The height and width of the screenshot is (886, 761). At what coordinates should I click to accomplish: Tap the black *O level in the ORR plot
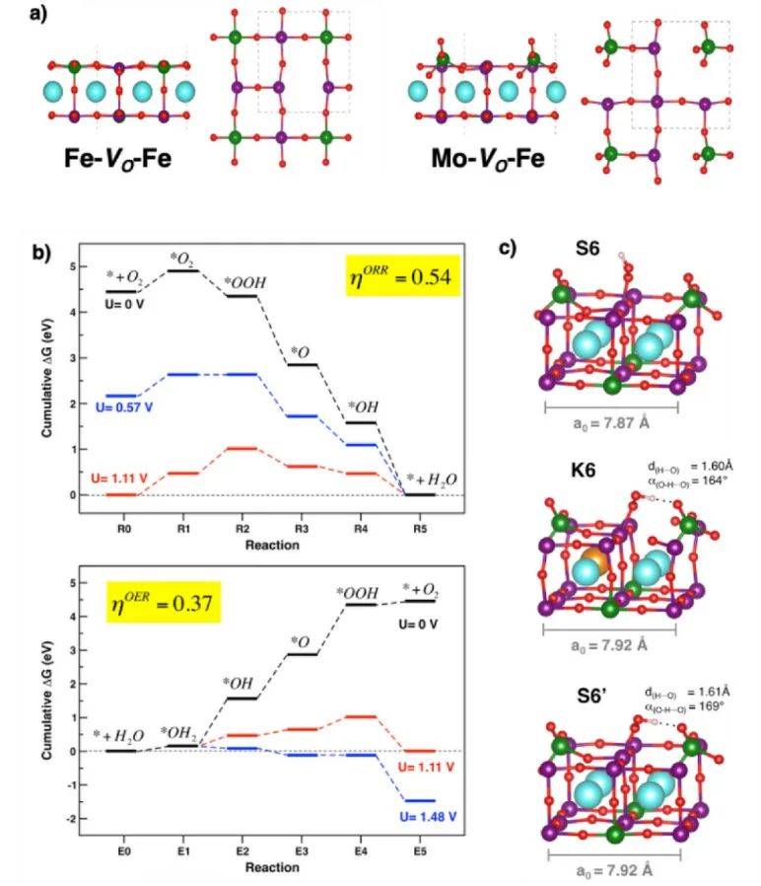tap(302, 364)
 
